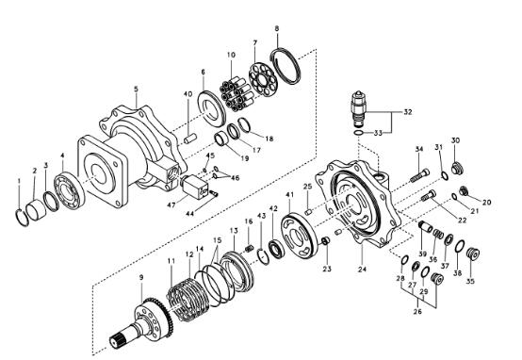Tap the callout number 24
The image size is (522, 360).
(363, 269)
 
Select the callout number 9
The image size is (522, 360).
(140, 277)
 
